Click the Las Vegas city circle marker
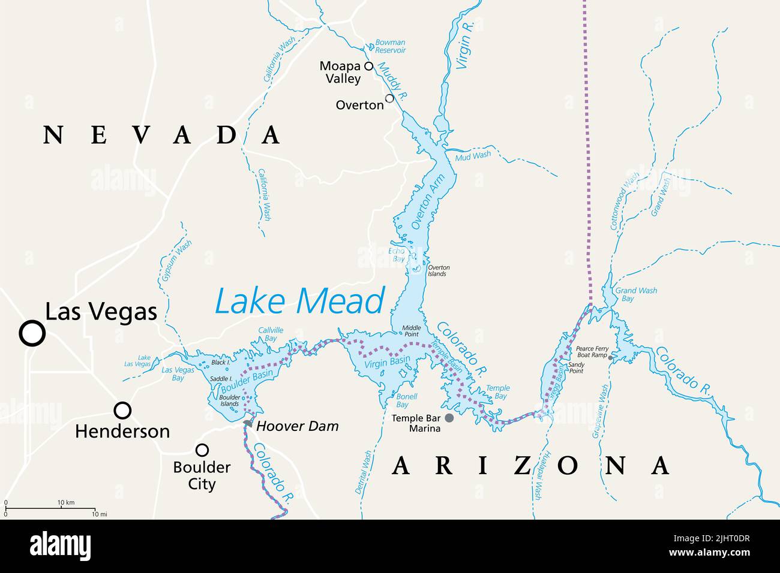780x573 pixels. [32, 333]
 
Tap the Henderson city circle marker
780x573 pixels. [122, 410]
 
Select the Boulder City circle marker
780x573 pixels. [202, 450]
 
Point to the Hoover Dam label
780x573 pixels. [298, 426]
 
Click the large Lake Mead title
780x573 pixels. [299, 301]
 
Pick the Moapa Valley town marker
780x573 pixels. [369, 66]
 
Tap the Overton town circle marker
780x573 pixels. [389, 98]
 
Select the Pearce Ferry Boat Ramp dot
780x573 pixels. [610, 357]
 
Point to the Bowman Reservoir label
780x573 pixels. [390, 47]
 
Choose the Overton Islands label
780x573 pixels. [438, 270]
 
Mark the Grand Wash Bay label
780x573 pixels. [636, 294]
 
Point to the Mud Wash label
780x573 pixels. [472, 155]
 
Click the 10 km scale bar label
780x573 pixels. [65, 502]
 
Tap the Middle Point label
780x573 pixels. [412, 331]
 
